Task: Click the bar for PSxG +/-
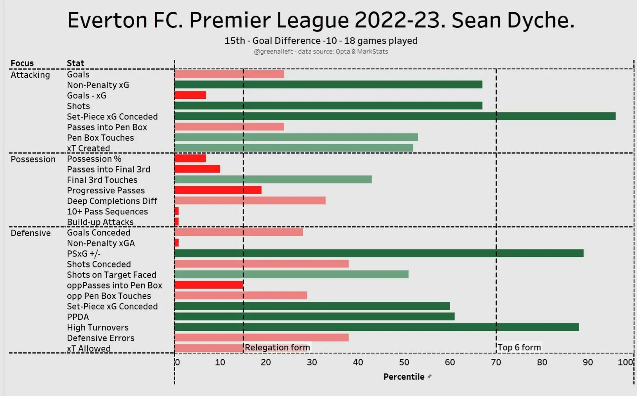pyautogui.click(x=379, y=253)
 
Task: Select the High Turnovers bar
pyautogui.click(x=376, y=327)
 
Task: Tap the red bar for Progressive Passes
pyautogui.click(x=217, y=190)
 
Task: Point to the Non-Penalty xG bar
pyautogui.click(x=328, y=85)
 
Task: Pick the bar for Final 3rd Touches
pyautogui.click(x=273, y=180)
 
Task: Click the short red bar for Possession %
pyautogui.click(x=190, y=159)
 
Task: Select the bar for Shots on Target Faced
pyautogui.click(x=291, y=275)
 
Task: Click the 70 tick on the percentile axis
pyautogui.click(x=496, y=362)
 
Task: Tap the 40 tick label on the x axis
pyautogui.click(x=358, y=362)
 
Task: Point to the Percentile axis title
pyautogui.click(x=404, y=377)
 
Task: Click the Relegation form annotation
pyautogui.click(x=277, y=348)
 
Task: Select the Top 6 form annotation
pyautogui.click(x=519, y=348)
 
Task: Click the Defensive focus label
pyautogui.click(x=31, y=233)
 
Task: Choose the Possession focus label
pyautogui.click(x=33, y=159)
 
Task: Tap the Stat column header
pyautogui.click(x=75, y=63)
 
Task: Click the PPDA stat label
pyautogui.click(x=78, y=317)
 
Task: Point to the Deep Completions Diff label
pyautogui.click(x=112, y=201)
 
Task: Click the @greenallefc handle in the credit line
pyautogui.click(x=273, y=52)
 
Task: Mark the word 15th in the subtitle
pyautogui.click(x=235, y=41)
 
